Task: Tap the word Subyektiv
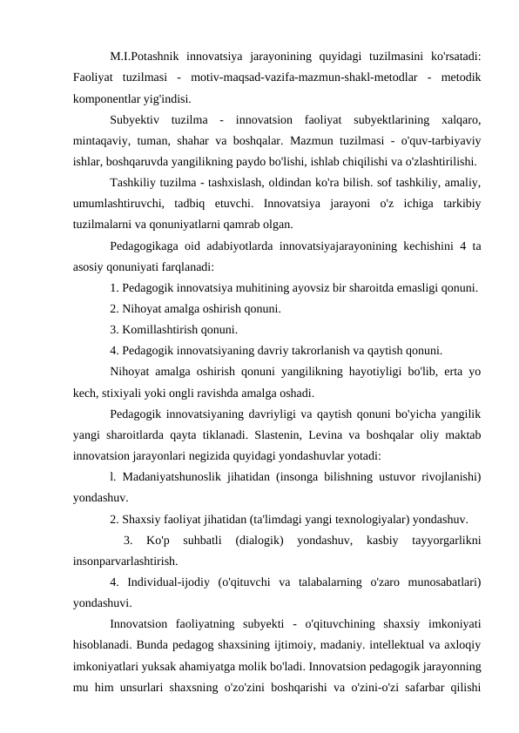coord(138,119)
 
